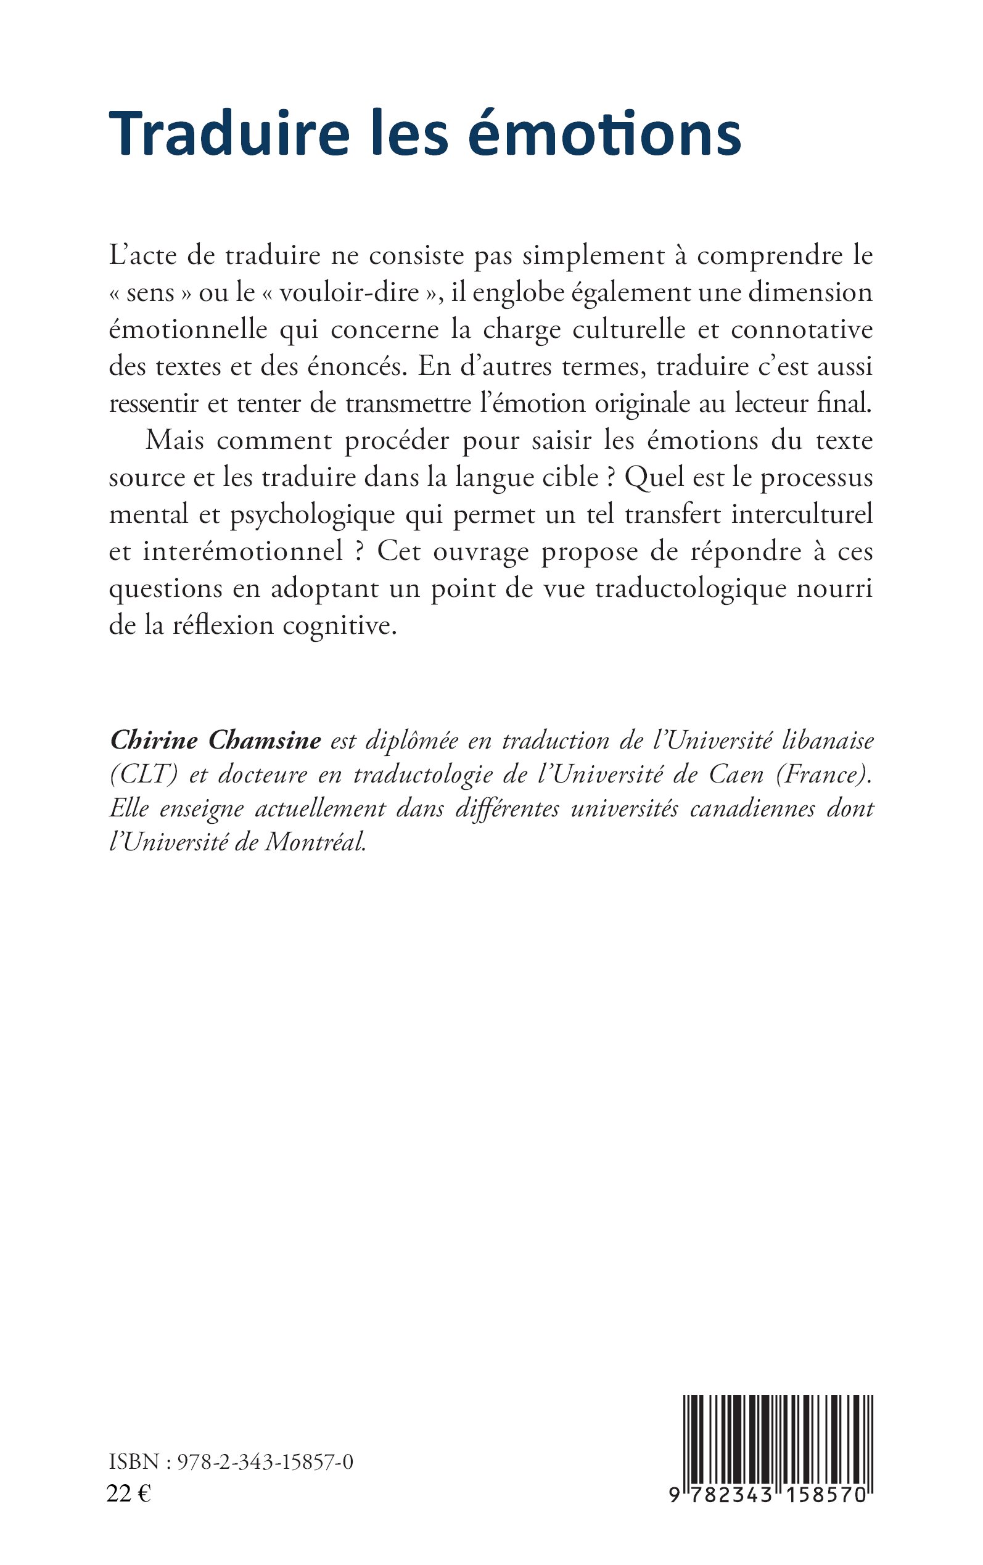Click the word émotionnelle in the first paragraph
tap(189, 329)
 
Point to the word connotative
tap(802, 329)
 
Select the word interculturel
tap(802, 514)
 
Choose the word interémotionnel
tap(242, 551)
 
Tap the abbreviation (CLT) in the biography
tap(144, 774)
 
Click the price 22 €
tap(129, 1494)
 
